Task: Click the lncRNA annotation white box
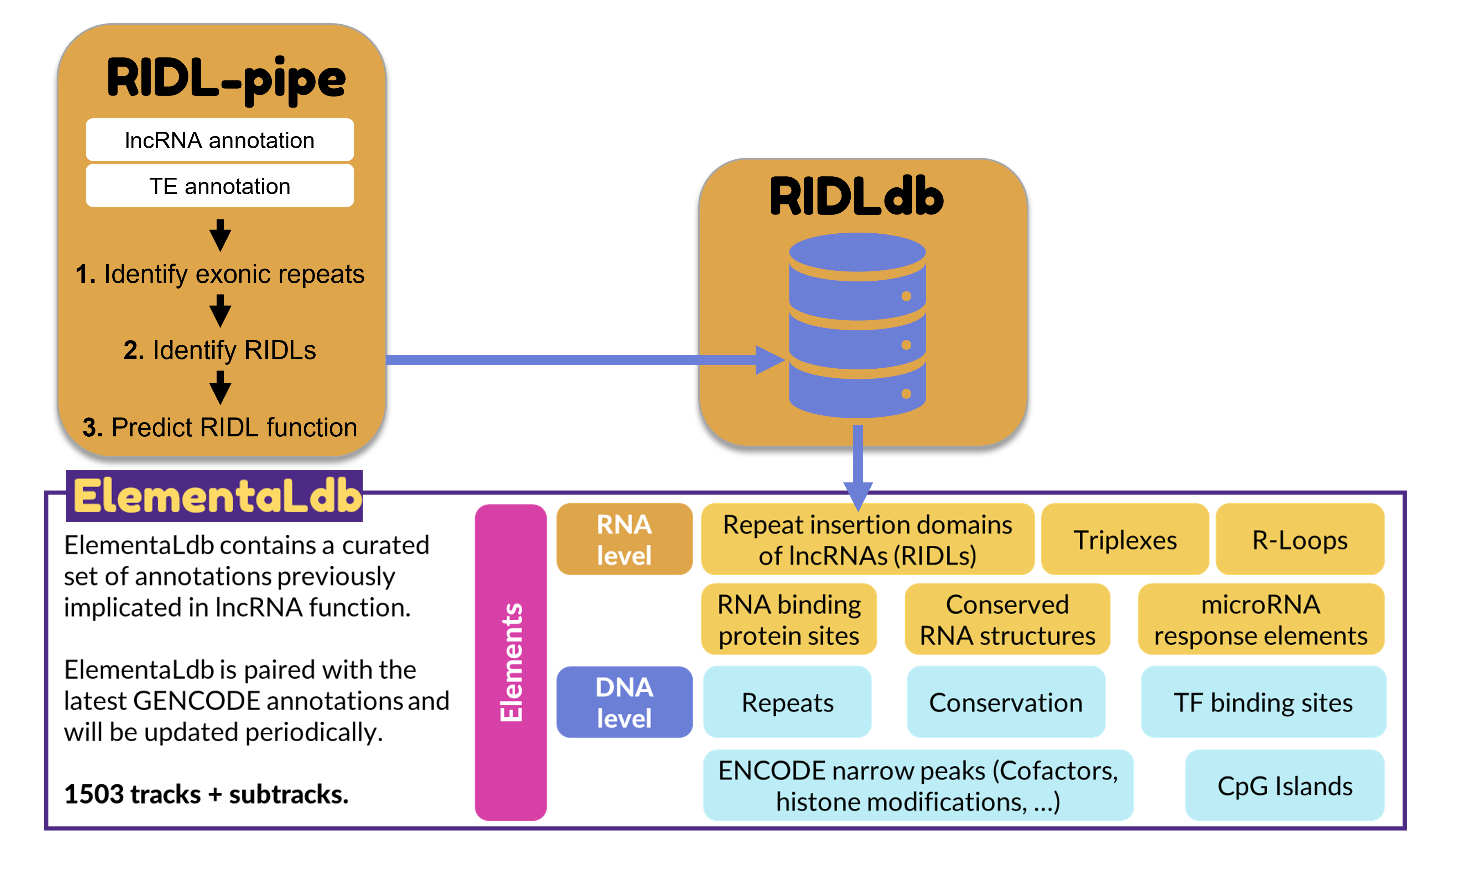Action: [219, 140]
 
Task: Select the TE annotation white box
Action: [219, 186]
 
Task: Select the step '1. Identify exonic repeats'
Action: [219, 274]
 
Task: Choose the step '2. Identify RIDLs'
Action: [219, 350]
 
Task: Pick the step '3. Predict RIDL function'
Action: [219, 427]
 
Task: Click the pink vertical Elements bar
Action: [510, 662]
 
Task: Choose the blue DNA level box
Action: [624, 702]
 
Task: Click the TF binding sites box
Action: [1263, 702]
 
